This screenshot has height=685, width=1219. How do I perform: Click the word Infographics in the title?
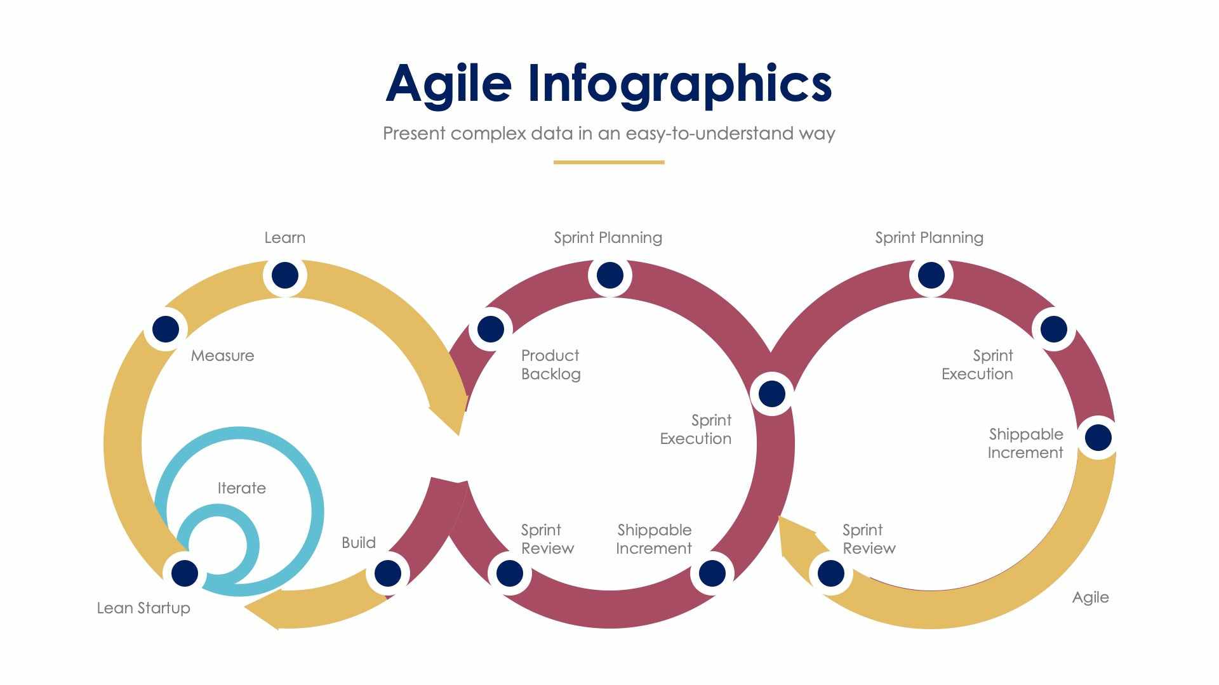[x=679, y=84]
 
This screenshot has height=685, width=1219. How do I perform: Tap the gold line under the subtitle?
[x=609, y=162]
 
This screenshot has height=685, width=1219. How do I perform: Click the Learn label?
[x=285, y=238]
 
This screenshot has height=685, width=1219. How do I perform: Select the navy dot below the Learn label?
[x=285, y=275]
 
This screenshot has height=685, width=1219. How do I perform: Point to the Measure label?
[x=222, y=356]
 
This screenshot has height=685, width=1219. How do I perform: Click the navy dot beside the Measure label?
[x=166, y=329]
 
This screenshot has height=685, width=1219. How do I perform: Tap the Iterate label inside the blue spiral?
[x=241, y=488]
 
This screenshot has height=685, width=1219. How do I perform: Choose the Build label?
[x=359, y=543]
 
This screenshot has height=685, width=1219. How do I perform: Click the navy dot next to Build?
[x=387, y=573]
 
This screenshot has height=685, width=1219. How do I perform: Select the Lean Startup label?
[x=143, y=608]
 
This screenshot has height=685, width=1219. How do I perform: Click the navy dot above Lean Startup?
[x=185, y=573]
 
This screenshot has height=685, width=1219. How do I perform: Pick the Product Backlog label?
[x=550, y=365]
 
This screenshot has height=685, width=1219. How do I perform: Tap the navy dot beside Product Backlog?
[x=490, y=329]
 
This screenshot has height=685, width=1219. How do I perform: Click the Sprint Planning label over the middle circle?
[x=608, y=238]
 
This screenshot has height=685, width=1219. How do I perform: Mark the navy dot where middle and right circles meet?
[x=771, y=394]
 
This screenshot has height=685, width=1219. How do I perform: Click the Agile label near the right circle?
[x=1090, y=597]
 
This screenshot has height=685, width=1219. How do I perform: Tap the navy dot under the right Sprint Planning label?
[x=931, y=275]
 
